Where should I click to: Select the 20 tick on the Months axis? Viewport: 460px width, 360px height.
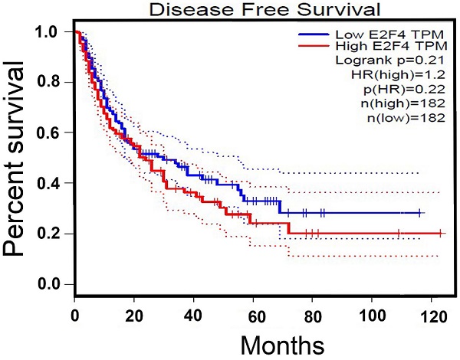click(134, 315)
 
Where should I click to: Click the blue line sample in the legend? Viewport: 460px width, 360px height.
click(313, 35)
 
